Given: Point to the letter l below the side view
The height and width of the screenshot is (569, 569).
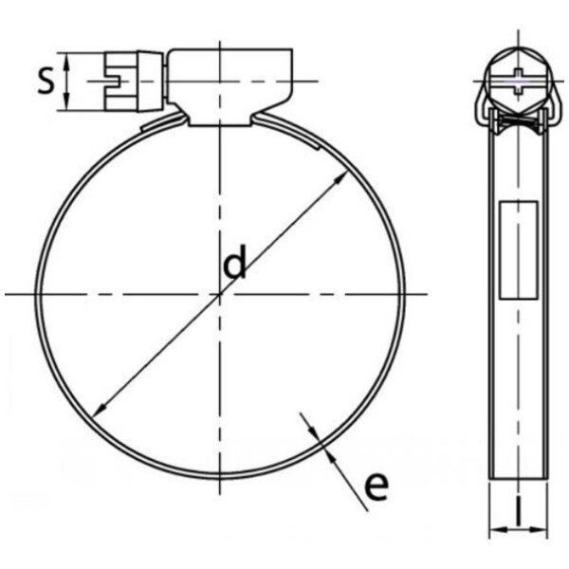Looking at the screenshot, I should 519,513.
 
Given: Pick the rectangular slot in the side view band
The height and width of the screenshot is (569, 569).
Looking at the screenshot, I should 519,248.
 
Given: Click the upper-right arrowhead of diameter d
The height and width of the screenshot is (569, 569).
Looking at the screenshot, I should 340,177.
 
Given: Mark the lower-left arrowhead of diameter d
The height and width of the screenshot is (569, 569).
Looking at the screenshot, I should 99,410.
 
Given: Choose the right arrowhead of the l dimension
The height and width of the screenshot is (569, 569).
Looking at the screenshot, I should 545,528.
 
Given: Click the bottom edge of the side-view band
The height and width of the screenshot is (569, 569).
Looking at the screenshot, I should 519,479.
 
